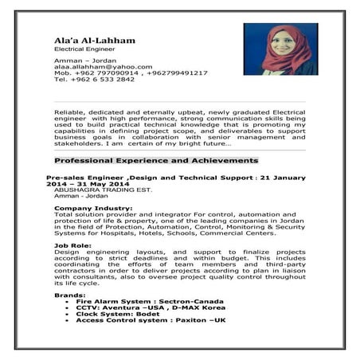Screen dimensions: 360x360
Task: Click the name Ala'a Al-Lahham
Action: point(94,41)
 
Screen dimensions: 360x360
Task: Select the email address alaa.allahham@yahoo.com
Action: point(103,67)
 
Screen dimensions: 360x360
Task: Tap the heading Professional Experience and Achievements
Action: point(156,160)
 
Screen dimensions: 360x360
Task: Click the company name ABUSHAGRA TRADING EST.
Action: point(96,191)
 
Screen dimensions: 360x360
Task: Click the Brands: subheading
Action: point(69,295)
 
